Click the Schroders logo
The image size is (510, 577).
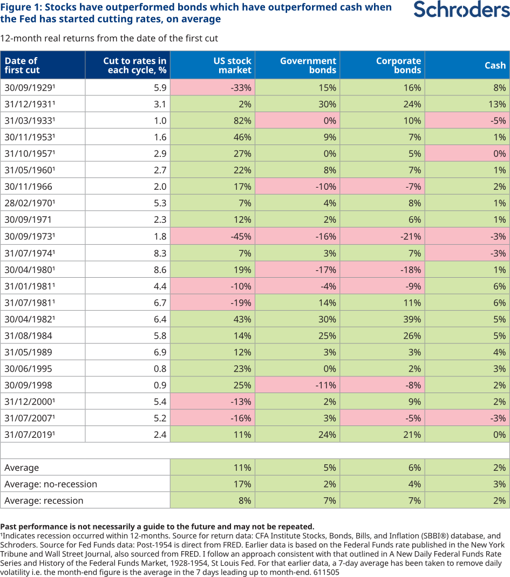click(461, 11)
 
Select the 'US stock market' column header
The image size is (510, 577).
click(232, 65)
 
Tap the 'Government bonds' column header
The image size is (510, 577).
click(308, 65)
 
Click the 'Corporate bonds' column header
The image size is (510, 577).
click(398, 65)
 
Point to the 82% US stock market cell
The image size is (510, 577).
click(241, 121)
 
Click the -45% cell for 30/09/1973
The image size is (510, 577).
click(240, 236)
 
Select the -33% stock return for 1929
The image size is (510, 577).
click(240, 88)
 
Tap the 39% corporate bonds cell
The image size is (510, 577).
click(412, 319)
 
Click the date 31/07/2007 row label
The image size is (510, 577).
click(30, 418)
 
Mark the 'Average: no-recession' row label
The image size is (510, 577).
click(51, 484)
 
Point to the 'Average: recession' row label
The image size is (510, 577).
click(44, 500)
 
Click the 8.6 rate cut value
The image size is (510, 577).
click(160, 269)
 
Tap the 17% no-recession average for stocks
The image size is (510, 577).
click(242, 484)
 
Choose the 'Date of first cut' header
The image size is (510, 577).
click(22, 65)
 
